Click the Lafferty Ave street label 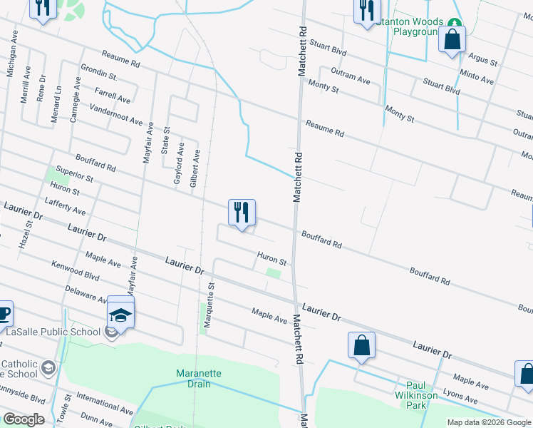click(65, 207)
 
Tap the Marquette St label click(209, 305)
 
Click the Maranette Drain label click(200, 379)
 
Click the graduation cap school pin click(120, 315)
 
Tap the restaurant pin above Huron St click(242, 213)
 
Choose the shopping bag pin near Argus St click(452, 40)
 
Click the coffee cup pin click(3, 313)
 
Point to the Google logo click(24, 419)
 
